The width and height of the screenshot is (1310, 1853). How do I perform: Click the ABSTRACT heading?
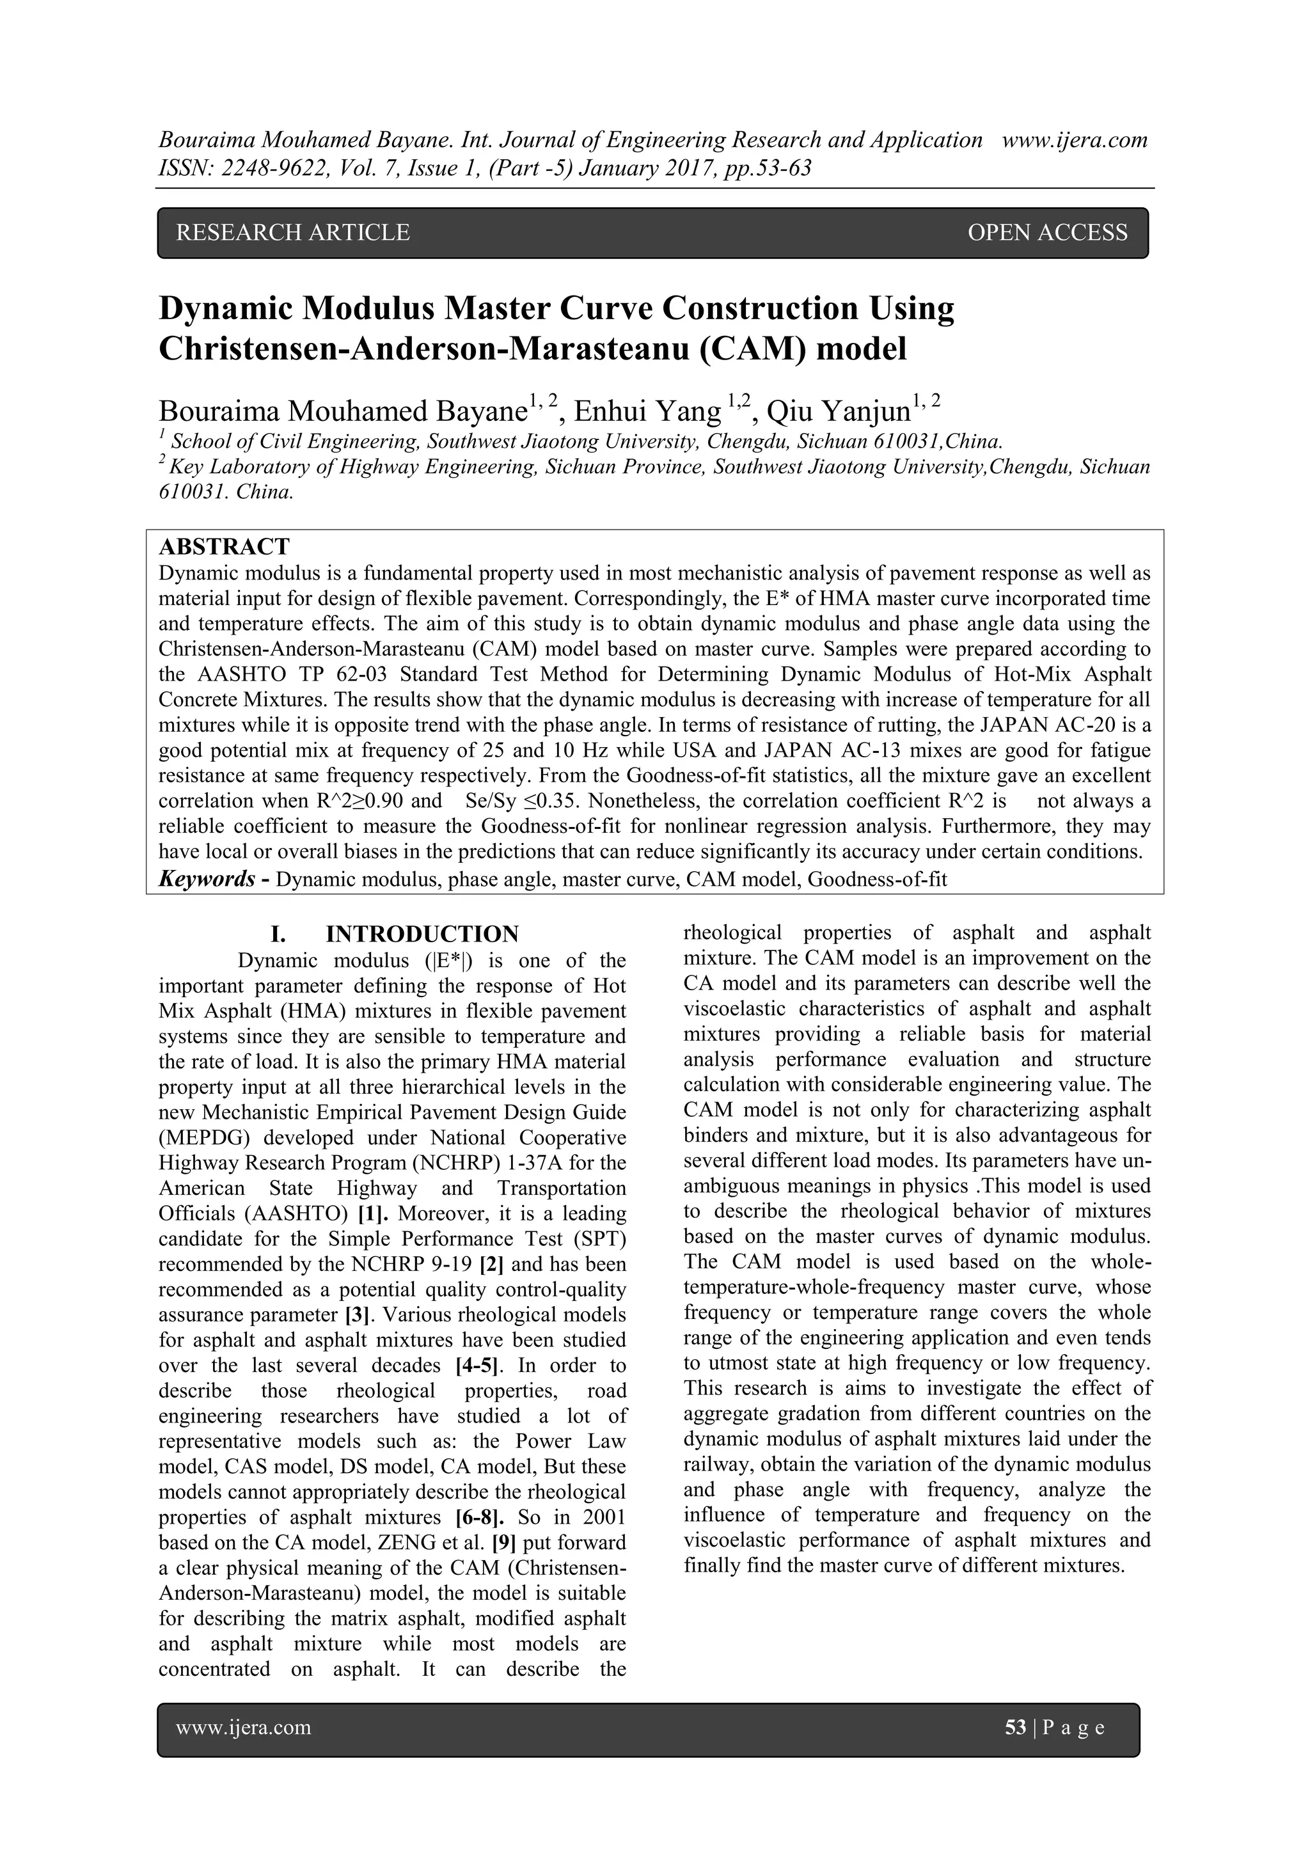click(224, 546)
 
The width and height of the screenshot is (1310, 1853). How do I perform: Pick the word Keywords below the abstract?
click(207, 879)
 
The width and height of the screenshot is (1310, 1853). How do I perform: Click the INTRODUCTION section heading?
click(422, 934)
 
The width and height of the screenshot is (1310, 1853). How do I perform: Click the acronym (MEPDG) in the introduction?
click(203, 1138)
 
